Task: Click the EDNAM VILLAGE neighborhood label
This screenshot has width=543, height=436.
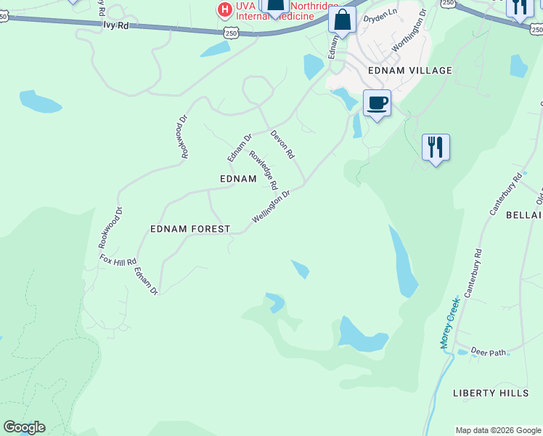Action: click(410, 70)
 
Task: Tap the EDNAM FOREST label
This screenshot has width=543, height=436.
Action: click(189, 229)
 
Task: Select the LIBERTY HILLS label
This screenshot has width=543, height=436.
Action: click(491, 393)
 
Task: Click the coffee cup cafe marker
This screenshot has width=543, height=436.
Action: click(376, 102)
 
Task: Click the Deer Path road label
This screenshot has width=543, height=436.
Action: click(488, 352)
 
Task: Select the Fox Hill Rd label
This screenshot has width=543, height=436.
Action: click(118, 260)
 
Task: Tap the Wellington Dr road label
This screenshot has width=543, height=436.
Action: click(271, 207)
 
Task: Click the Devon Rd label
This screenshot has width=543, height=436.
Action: click(282, 145)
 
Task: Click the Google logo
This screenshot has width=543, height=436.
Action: click(24, 427)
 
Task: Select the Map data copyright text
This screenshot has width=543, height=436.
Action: click(497, 430)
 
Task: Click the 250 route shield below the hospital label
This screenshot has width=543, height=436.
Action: click(231, 33)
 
